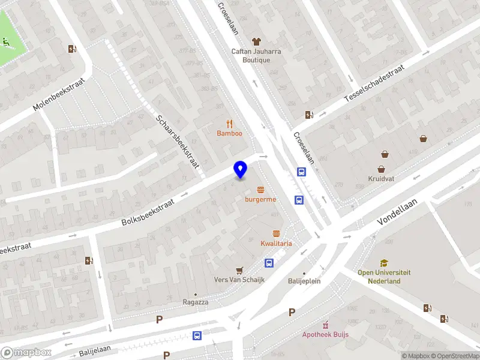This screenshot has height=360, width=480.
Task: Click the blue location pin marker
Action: point(240,169)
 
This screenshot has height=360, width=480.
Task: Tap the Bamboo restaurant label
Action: point(230,133)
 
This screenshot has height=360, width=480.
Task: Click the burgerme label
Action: point(260,199)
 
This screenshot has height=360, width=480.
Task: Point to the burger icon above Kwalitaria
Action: point(276,233)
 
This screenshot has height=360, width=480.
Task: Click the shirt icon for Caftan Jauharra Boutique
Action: point(256,41)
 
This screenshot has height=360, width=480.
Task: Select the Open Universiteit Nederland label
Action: point(384,277)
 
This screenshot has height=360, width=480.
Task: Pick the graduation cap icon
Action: point(384,263)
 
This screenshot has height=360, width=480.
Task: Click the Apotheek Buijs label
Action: point(326,334)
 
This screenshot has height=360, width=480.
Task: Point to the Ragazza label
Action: point(196,302)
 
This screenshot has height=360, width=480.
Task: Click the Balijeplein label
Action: point(304,280)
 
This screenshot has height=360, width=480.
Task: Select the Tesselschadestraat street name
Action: point(374,83)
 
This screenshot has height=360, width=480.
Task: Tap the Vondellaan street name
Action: point(397,212)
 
